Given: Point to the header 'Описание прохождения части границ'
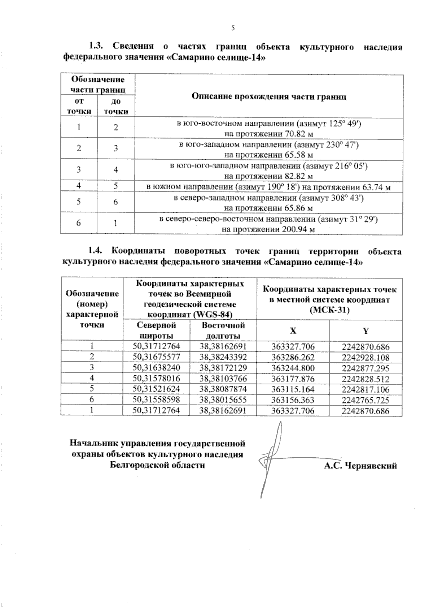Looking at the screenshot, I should (x=269, y=96).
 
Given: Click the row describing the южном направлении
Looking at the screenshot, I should (x=269, y=187).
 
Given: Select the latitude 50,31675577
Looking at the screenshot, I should (x=156, y=357).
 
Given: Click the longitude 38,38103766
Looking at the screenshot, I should (x=223, y=379).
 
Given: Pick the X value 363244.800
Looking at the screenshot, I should (x=293, y=368).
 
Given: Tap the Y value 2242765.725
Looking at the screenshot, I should (x=366, y=400).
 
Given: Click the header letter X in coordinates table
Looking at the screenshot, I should (x=293, y=331).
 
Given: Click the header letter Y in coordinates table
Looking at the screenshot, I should (x=366, y=331).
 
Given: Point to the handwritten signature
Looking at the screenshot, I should (x=272, y=459).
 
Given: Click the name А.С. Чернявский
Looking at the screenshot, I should (x=360, y=466).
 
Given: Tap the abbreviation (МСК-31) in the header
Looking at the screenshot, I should (x=329, y=310).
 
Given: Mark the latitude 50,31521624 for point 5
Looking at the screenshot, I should (x=156, y=389).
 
